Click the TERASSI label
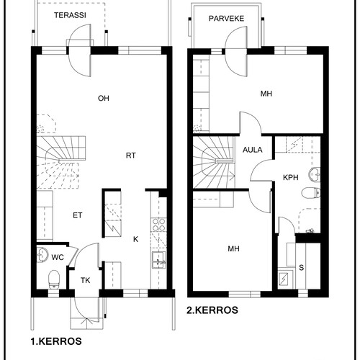[x=70, y=15]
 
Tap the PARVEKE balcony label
[x=226, y=19]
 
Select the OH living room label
[x=104, y=98]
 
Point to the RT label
[x=130, y=156]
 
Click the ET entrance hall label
[x=78, y=215]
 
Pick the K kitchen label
[x=135, y=239]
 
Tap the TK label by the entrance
[x=85, y=280]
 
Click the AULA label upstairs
[x=253, y=150]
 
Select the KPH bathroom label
[x=291, y=178]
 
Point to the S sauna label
[x=301, y=267]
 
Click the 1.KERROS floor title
[x=56, y=341]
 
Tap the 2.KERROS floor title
[x=212, y=310]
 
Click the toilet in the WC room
[x=54, y=279]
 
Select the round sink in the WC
[x=42, y=255]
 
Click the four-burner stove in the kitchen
[x=158, y=225]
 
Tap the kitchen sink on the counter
[x=158, y=260]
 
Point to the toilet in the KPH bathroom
[x=311, y=193]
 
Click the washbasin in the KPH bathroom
[x=314, y=174]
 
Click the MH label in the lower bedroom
[x=233, y=249]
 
